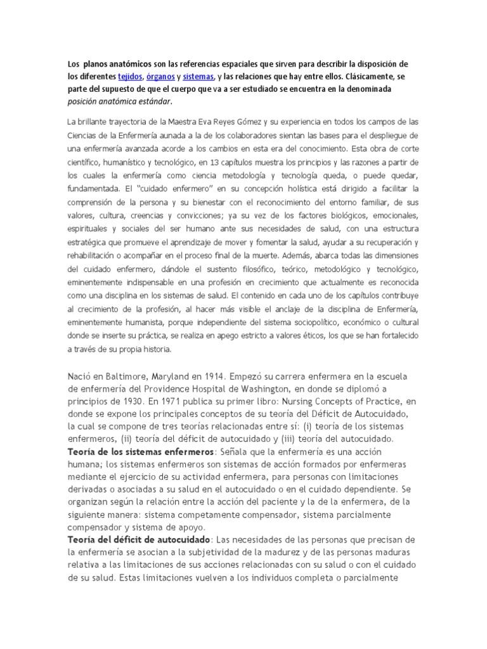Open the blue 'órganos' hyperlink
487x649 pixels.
pos(161,77)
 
